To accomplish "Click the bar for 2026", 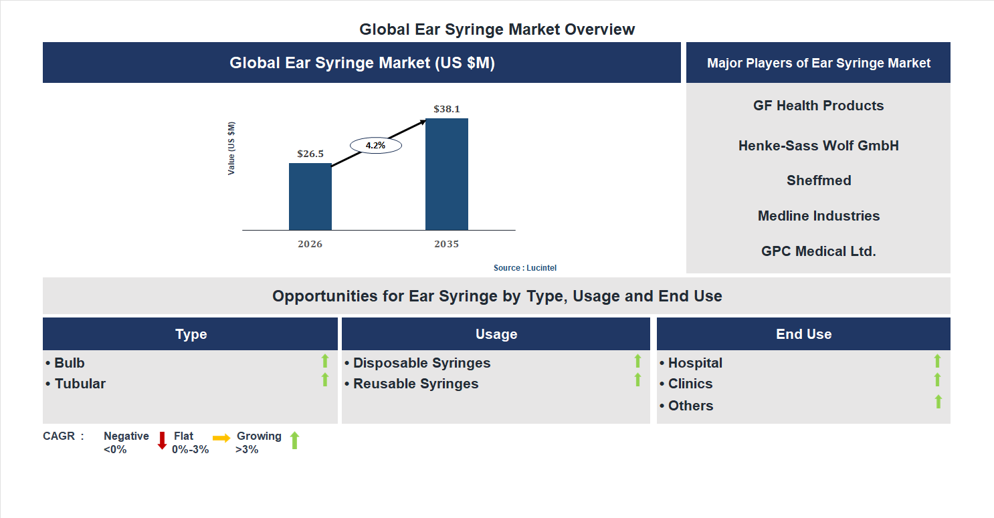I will coord(310,197).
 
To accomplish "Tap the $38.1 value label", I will coord(446,109).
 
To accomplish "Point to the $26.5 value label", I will coord(310,154).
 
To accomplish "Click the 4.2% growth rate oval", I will coord(375,145).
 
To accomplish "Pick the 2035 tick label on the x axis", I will coord(446,245).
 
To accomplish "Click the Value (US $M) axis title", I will coord(231,148).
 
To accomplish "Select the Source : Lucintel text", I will coord(524,268).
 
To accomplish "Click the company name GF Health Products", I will coord(818,106).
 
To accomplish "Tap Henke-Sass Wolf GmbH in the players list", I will coord(818,146).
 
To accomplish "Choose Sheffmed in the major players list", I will coord(818,180).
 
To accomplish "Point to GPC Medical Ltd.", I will coord(818,251).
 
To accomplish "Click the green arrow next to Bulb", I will coord(325,362).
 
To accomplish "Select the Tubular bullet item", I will coord(80,384).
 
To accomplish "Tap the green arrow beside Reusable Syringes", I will coord(637,380).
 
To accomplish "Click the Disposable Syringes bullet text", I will coord(421,363).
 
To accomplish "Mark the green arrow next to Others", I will coord(938,402).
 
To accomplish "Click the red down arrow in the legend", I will coord(162,440).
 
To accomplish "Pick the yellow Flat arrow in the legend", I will coord(221,438).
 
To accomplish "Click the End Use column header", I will coord(803,334).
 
